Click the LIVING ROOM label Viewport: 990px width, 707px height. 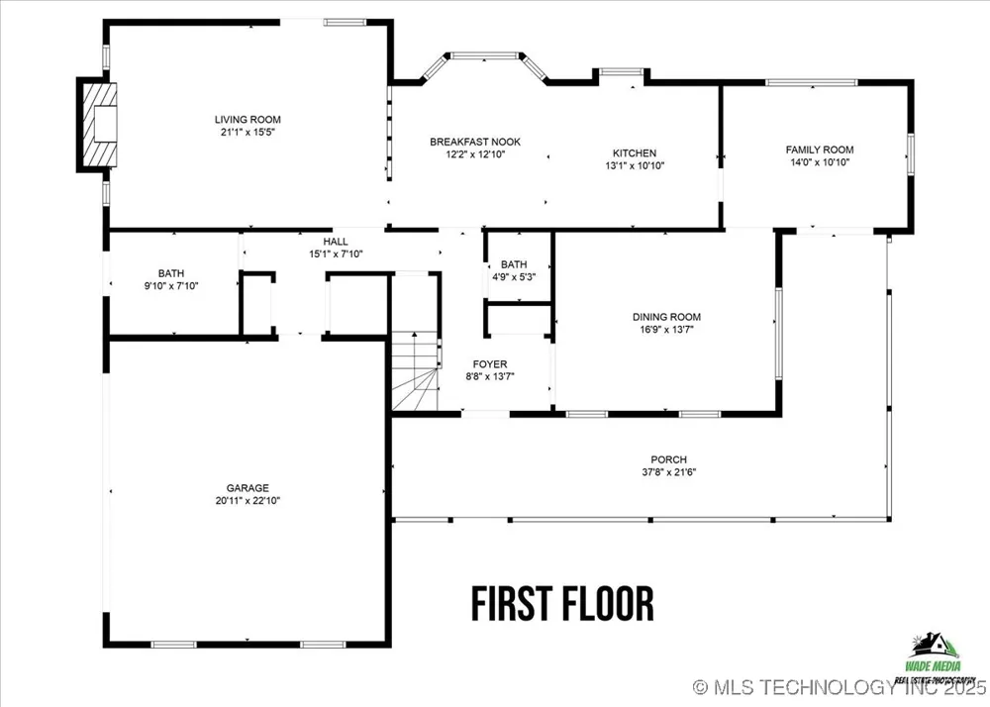point(247,119)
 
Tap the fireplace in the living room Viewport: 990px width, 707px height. point(98,125)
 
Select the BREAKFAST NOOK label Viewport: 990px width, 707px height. point(475,142)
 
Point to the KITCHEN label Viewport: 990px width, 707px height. point(635,153)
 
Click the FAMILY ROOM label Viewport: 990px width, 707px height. point(820,150)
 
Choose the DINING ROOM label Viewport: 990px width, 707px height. point(666,317)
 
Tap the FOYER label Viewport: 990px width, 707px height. point(490,364)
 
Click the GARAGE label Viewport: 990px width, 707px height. point(247,488)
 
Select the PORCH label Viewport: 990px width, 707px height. point(668,459)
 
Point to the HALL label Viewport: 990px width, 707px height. point(336,242)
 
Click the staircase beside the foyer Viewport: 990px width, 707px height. point(415,371)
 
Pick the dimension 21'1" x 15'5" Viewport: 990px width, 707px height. point(247,132)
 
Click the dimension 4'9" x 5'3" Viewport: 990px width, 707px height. point(514,276)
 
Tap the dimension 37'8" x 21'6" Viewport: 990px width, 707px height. point(668,472)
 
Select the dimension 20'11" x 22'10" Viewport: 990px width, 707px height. point(247,501)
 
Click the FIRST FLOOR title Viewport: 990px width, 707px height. point(562,603)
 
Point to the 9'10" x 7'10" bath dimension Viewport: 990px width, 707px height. point(171,286)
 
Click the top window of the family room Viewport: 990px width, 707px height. point(812,82)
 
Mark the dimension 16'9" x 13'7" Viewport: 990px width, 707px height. point(666,330)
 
